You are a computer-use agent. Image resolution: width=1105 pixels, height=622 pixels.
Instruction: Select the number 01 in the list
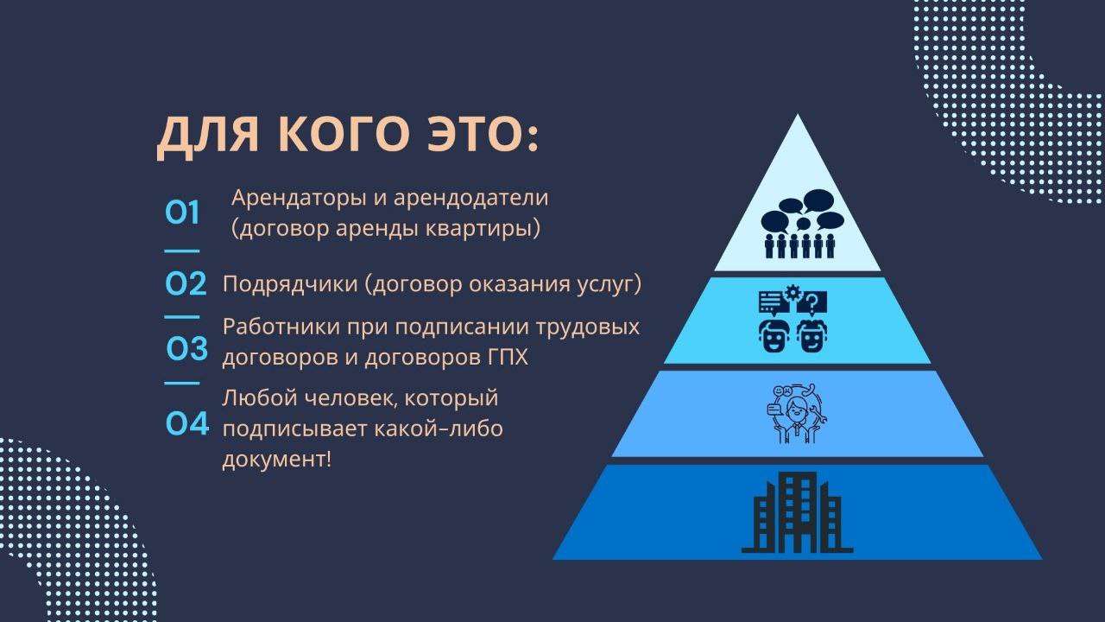tap(182, 213)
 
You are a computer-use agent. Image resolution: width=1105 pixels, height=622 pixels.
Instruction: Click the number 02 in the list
tap(186, 284)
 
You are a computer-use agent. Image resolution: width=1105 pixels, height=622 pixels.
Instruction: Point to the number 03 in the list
tap(186, 348)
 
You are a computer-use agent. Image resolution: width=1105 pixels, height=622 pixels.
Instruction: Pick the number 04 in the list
tap(187, 424)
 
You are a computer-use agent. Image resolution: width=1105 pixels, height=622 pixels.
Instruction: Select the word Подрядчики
tap(289, 285)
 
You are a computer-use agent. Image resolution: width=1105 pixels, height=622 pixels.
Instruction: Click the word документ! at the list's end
tap(277, 460)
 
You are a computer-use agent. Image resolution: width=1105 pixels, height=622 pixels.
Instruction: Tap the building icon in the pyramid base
tap(797, 512)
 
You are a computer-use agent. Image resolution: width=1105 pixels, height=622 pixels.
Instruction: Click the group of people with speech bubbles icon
tap(802, 224)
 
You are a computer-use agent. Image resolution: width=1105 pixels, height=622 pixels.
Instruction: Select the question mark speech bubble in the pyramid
tap(812, 302)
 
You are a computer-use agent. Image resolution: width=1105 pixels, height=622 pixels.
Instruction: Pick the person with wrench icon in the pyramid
tap(796, 414)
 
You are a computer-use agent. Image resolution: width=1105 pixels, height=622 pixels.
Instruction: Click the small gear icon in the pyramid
tap(793, 293)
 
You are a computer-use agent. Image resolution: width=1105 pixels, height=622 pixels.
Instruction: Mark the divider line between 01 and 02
tap(181, 251)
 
